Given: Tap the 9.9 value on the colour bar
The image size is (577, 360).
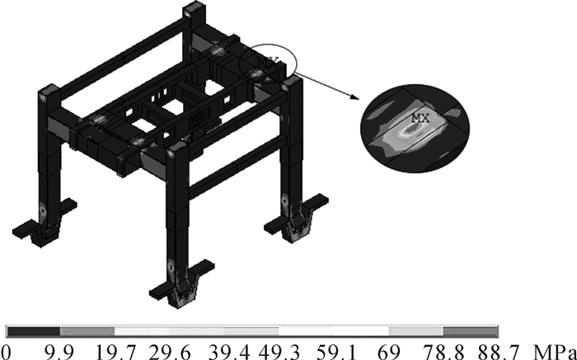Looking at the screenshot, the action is pos(57,352).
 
